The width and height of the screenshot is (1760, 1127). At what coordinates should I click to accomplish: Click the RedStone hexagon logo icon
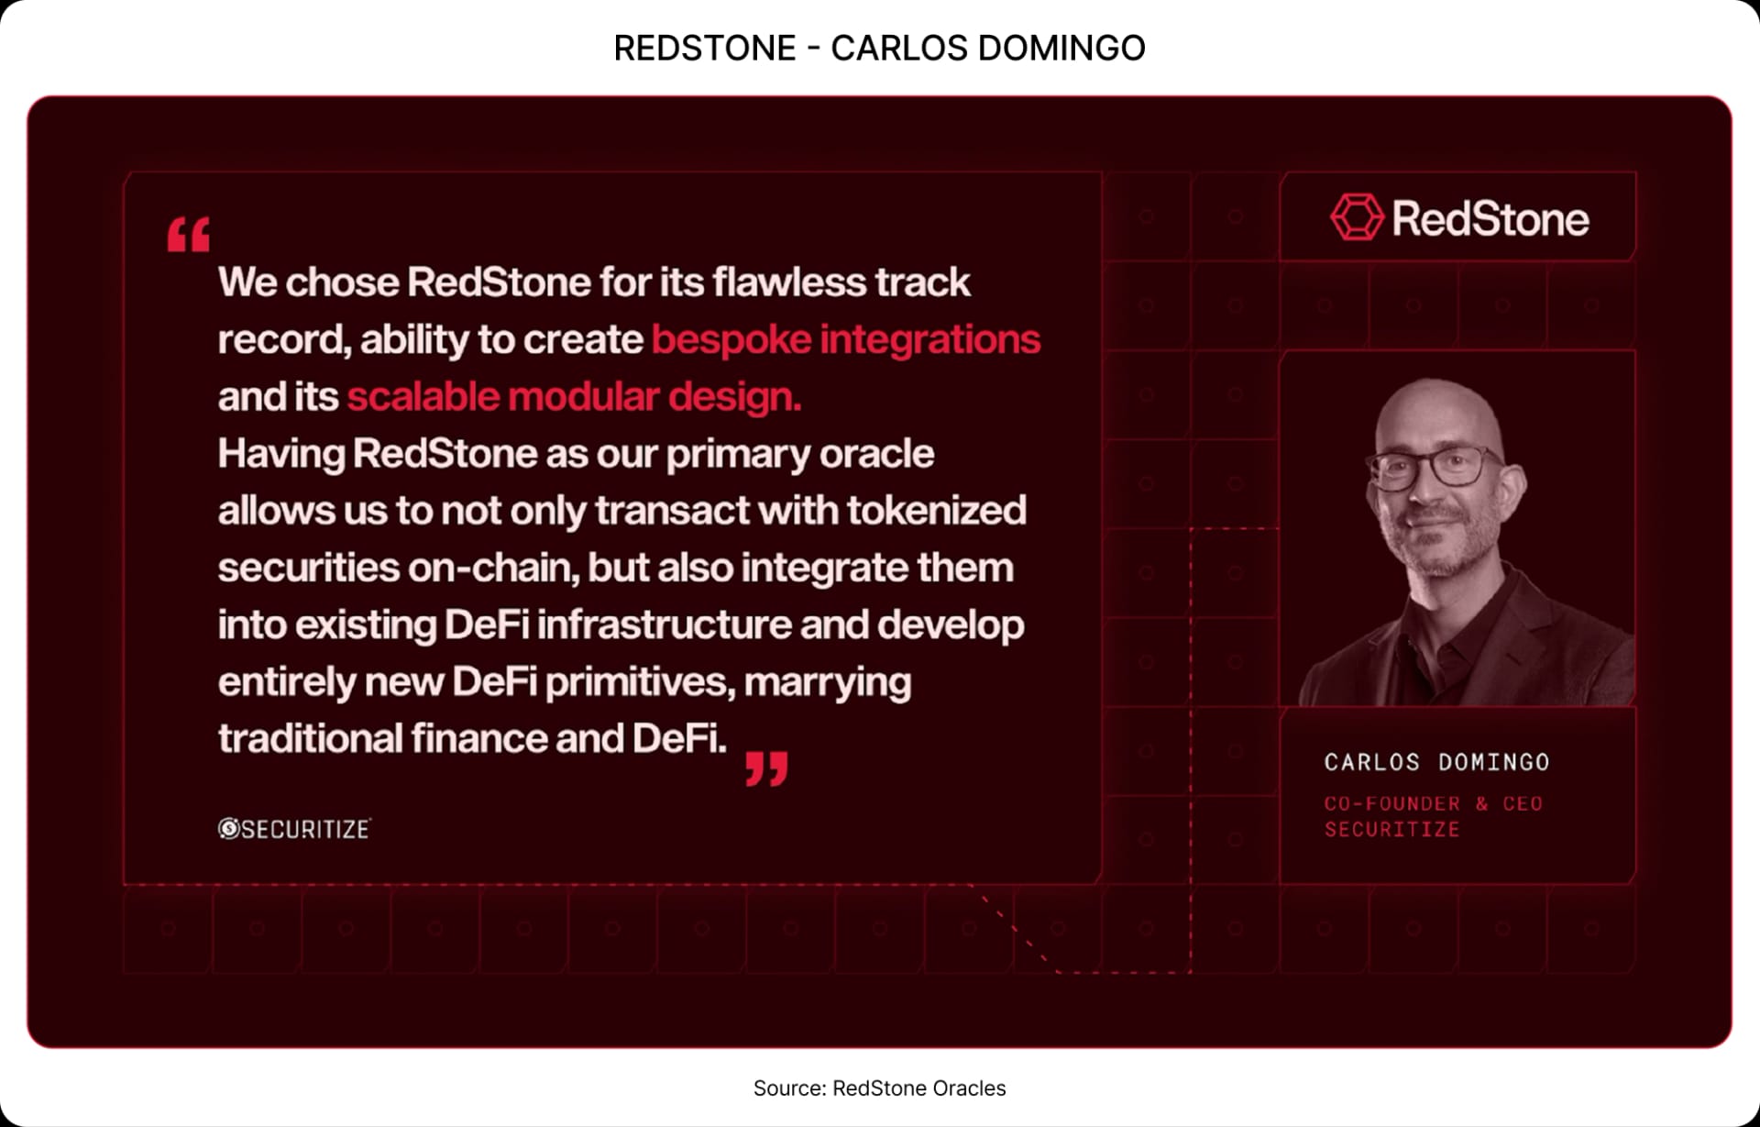click(1356, 217)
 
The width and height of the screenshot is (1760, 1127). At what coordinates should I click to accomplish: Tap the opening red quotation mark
click(189, 235)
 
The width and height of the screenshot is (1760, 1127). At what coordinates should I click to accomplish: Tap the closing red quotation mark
click(766, 768)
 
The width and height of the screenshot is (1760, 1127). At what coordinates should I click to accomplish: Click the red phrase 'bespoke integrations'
click(845, 339)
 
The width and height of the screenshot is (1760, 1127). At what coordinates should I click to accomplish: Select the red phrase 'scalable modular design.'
click(574, 397)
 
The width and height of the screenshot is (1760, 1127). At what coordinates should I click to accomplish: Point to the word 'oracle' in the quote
click(876, 454)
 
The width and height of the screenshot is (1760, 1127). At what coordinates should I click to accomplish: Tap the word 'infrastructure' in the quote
click(665, 624)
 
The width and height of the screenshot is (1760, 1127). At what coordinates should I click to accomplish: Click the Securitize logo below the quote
click(294, 829)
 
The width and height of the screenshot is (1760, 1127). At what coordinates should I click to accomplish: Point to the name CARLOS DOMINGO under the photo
click(1436, 762)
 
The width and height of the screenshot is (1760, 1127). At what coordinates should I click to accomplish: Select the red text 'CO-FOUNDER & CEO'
click(1433, 803)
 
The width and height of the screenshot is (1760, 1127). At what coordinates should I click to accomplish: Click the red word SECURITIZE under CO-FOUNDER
click(1391, 829)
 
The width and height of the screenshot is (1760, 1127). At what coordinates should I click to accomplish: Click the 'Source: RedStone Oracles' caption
click(879, 1088)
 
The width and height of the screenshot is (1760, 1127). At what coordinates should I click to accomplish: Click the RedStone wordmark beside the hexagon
click(1490, 219)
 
